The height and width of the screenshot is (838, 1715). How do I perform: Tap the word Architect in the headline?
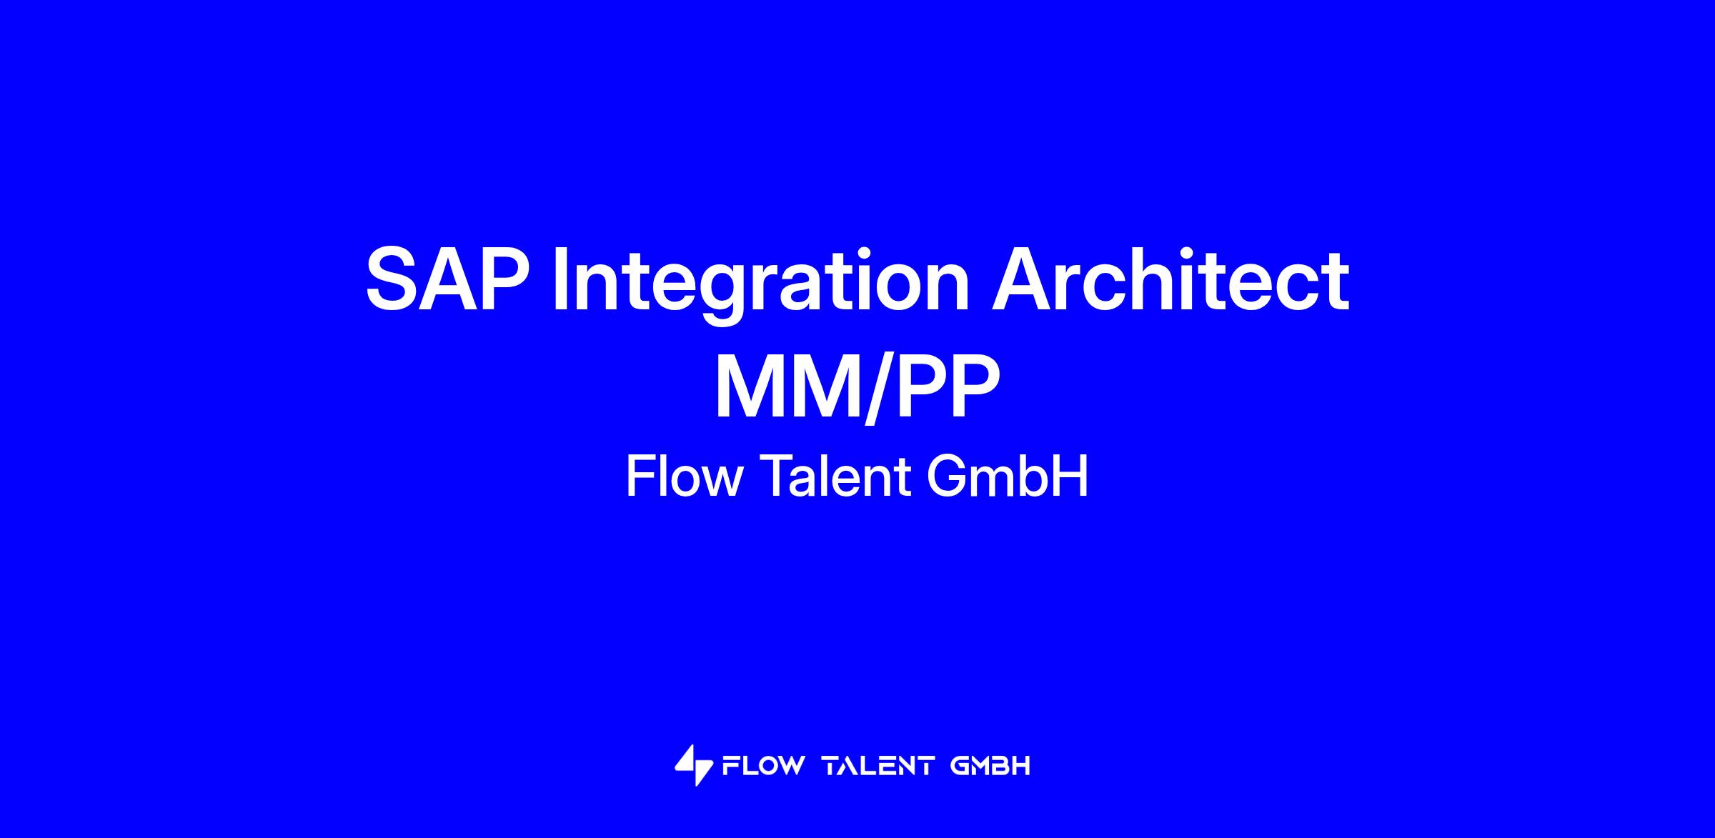point(1170,280)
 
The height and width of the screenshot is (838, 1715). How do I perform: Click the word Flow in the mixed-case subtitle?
point(685,477)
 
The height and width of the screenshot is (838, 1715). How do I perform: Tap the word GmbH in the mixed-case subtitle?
point(1008,477)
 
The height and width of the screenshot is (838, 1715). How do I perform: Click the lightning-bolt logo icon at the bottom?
point(694,765)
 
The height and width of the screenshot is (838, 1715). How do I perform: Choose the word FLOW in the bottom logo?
point(763,767)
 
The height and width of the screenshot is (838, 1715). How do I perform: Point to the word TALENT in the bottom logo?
point(878,767)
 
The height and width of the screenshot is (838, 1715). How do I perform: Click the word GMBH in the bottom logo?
point(990,767)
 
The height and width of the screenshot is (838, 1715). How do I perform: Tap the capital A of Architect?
point(1021,280)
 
